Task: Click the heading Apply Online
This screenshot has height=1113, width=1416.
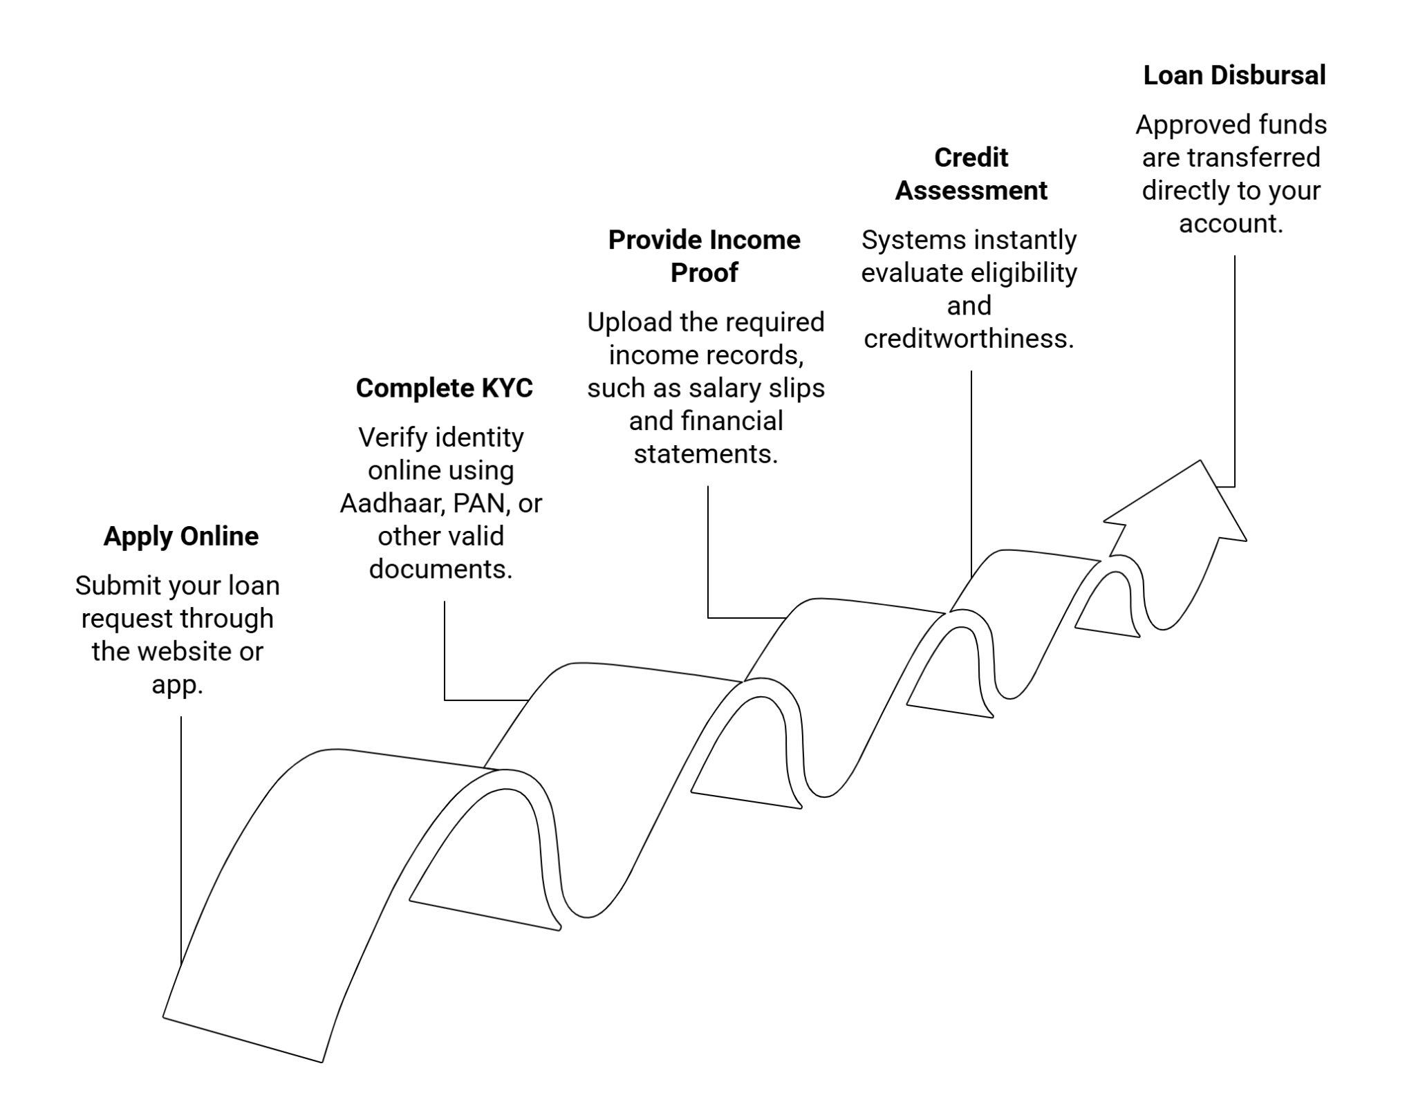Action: click(180, 536)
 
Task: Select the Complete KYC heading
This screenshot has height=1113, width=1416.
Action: click(444, 389)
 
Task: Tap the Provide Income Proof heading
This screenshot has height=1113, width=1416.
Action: click(704, 256)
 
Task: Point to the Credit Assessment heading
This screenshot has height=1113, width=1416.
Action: click(971, 174)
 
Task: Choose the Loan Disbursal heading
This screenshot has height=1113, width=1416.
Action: click(1234, 75)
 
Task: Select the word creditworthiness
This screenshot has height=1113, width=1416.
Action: click(968, 339)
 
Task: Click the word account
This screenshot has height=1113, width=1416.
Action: click(1230, 224)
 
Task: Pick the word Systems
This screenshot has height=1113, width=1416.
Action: click(906, 241)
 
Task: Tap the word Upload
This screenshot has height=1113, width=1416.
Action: click(630, 323)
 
